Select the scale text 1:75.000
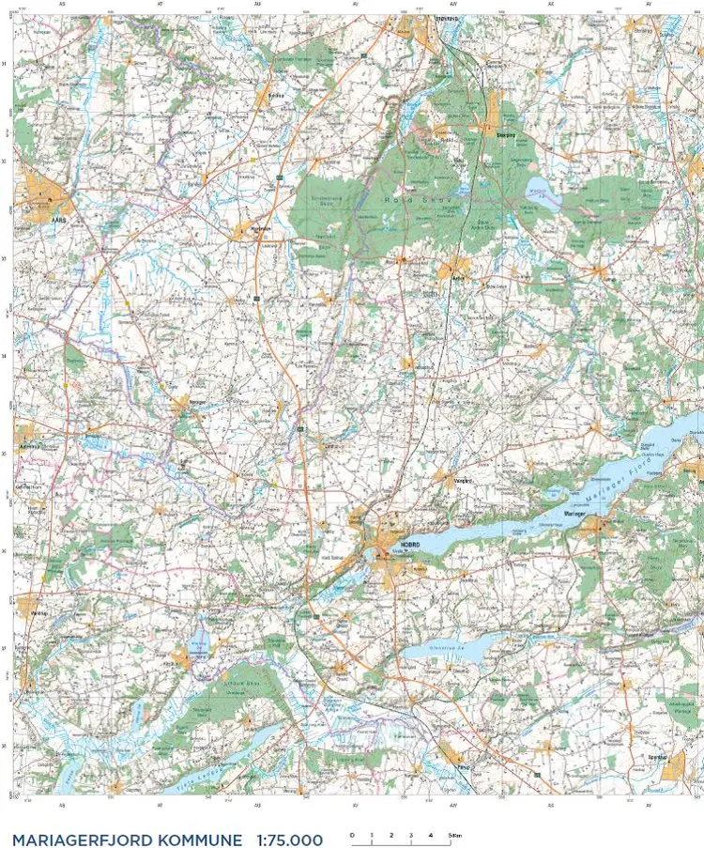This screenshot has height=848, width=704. (x=289, y=839)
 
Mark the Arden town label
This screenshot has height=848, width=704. (x=457, y=280)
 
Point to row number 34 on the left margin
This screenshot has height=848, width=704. (x=6, y=356)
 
